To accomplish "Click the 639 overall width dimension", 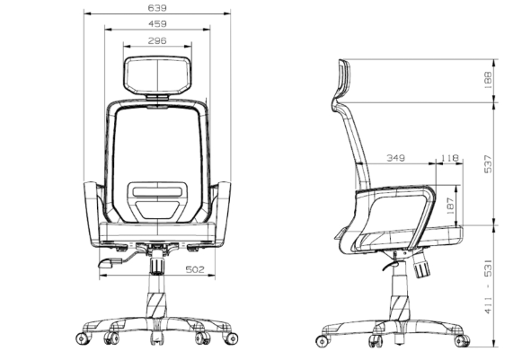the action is pos(157,8).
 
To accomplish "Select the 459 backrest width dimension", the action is pos(157,24).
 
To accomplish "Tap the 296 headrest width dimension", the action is pos(157,41).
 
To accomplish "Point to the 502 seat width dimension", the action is pos(195,269).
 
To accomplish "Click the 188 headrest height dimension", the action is pos(488,80).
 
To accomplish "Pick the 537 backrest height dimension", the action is pos(488,164).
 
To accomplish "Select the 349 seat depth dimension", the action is pos(395,158).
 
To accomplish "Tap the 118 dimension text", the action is pos(450,158).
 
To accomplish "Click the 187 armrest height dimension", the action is pos(450,206).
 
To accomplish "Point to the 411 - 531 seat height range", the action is pos(488,287).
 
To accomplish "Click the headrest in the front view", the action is pos(157,75).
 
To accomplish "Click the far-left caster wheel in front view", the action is pos(82,338).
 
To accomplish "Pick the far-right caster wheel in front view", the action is pos(232,338).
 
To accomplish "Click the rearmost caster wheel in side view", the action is pos(323,341).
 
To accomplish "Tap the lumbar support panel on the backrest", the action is pos(157,200).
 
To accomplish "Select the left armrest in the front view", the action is pos(93,213).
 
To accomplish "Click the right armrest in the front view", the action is pos(223,213).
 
